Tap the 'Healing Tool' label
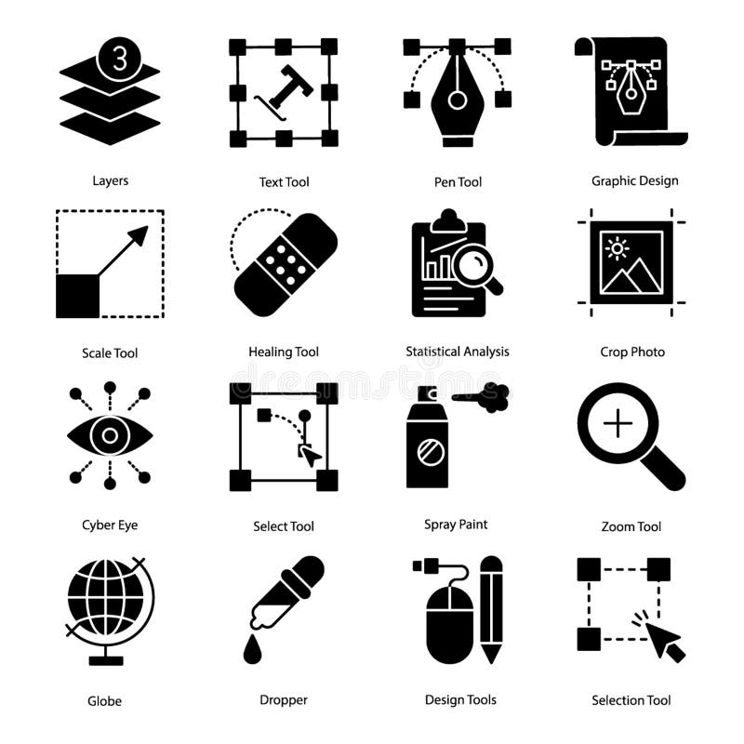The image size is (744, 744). pos(284,352)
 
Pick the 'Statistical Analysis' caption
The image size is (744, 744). pos(458,352)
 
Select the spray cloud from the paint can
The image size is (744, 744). pos(493,396)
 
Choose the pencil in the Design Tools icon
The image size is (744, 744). pos(491,610)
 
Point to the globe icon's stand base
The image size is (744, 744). pos(105,660)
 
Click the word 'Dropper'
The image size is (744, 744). pos(284,699)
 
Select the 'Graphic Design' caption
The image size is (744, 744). pos(635,180)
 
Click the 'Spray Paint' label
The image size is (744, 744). pos(456,525)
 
